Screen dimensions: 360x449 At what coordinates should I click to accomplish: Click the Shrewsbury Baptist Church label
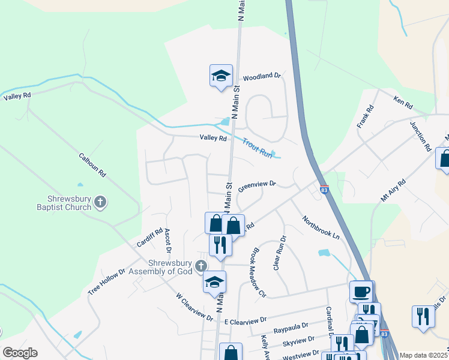tap(70, 203)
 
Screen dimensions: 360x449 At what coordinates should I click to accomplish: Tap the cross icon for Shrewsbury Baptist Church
tap(101, 203)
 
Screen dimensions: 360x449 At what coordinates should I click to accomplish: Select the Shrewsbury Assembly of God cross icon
tap(201, 266)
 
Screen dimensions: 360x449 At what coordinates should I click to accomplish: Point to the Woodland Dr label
tap(262, 77)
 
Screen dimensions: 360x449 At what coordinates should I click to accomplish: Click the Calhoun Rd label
tap(92, 164)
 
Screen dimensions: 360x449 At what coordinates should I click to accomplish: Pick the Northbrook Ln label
tap(321, 228)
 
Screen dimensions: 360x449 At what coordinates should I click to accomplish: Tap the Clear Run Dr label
tap(280, 252)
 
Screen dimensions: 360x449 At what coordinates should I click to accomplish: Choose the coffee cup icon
tap(360, 291)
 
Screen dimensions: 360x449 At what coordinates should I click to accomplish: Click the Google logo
tap(19, 353)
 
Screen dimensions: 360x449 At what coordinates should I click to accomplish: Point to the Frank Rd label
tap(365, 116)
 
